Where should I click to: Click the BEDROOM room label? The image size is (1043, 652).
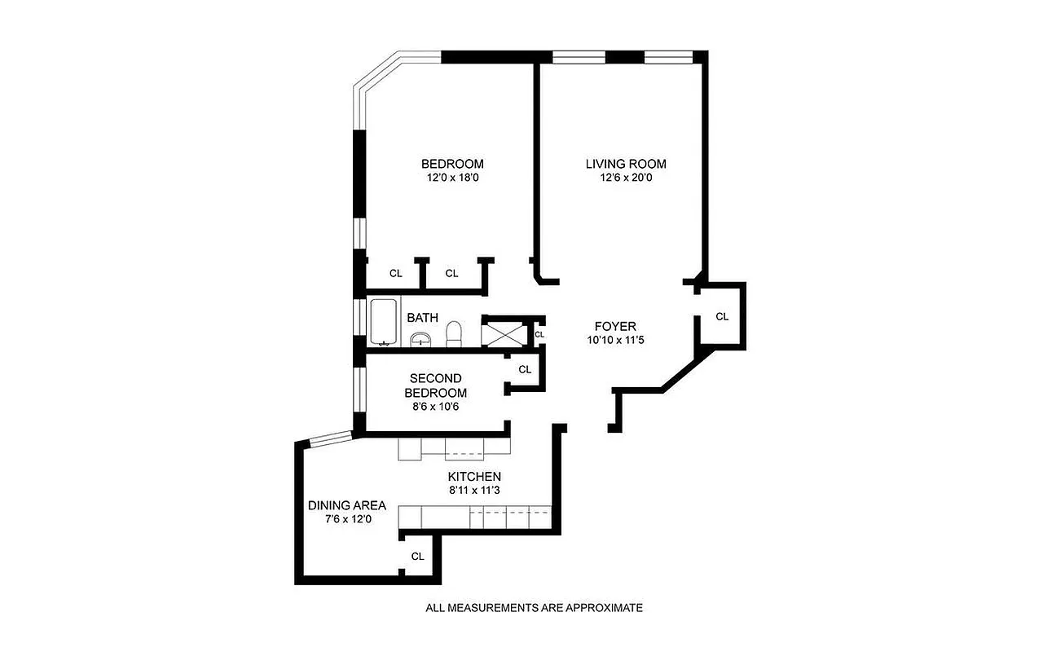tap(452, 163)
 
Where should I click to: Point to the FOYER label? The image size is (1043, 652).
tap(615, 325)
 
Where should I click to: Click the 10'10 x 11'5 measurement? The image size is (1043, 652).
tap(615, 340)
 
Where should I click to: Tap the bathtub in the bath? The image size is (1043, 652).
tap(384, 323)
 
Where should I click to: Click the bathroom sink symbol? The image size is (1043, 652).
tap(420, 339)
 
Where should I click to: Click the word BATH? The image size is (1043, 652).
tap(423, 318)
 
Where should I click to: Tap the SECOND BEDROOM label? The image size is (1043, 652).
tap(435, 385)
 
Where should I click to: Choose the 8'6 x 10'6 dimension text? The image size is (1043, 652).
tap(435, 407)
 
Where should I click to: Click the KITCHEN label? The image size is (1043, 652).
tap(473, 477)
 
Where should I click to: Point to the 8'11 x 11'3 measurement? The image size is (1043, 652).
tap(473, 491)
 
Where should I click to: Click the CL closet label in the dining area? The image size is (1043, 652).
tap(417, 557)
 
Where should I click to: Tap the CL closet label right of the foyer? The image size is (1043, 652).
tap(721, 316)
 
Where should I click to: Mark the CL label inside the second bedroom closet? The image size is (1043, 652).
tap(525, 369)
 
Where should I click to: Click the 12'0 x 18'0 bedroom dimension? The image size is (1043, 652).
tap(452, 178)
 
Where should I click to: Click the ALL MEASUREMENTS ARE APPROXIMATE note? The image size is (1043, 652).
tap(535, 607)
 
